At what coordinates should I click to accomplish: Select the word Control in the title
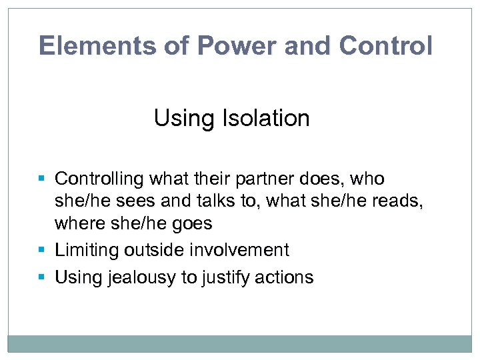(x=385, y=45)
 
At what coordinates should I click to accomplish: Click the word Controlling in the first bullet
(x=99, y=179)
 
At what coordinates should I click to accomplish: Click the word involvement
(x=241, y=250)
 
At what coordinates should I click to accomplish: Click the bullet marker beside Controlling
(x=42, y=179)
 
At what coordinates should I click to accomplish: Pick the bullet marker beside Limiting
(x=42, y=251)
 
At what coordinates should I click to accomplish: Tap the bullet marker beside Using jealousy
(x=42, y=277)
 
